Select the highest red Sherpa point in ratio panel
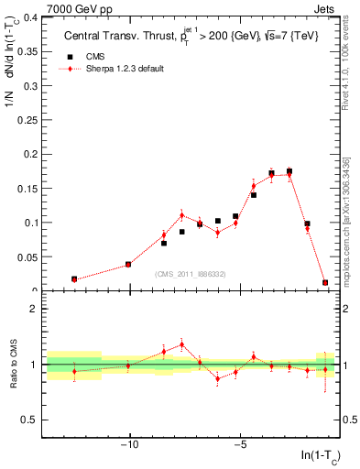pos(181,344)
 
